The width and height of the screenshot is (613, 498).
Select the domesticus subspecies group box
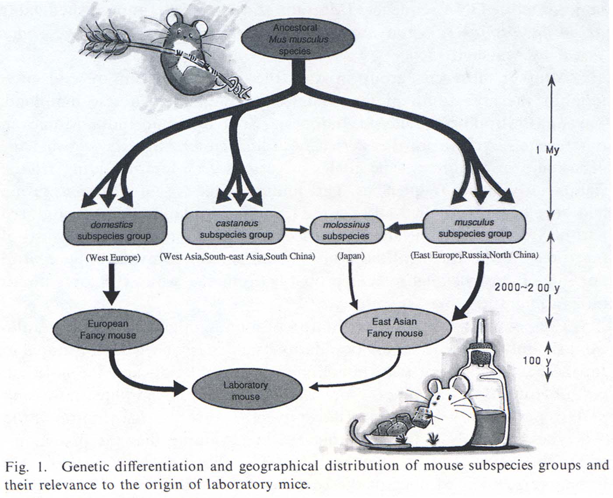pyautogui.click(x=115, y=230)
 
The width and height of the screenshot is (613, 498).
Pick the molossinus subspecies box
pyautogui.click(x=346, y=230)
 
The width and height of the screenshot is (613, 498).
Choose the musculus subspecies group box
pyautogui.click(x=475, y=228)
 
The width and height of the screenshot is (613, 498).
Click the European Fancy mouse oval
pyautogui.click(x=108, y=330)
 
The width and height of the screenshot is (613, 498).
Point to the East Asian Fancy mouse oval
pyautogui.click(x=395, y=327)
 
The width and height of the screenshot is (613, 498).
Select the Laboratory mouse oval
pyautogui.click(x=246, y=391)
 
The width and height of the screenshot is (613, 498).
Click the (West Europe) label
pyautogui.click(x=113, y=258)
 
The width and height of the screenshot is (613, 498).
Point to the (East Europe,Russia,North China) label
pyautogui.click(x=474, y=255)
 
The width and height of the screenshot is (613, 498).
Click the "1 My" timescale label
pyautogui.click(x=547, y=150)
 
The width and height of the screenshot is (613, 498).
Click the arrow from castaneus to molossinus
pyautogui.click(x=297, y=229)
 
